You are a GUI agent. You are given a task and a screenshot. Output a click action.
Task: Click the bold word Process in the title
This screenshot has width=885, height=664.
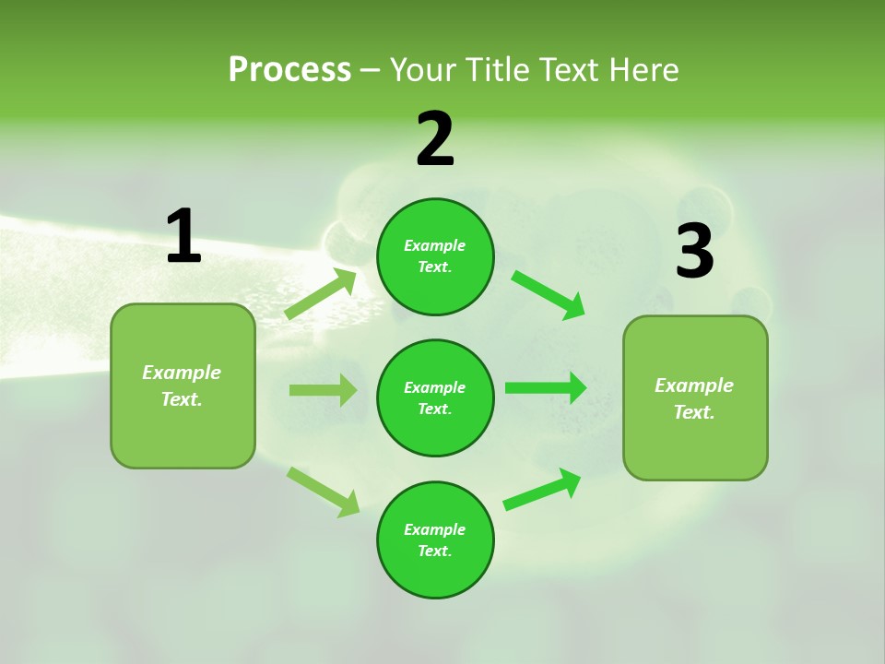click(x=289, y=69)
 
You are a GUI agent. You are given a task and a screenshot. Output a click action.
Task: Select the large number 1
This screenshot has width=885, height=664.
click(x=183, y=236)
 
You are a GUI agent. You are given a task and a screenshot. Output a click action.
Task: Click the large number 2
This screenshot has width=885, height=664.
click(x=435, y=139)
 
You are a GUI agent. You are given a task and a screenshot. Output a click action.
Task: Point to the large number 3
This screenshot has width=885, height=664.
click(x=694, y=251)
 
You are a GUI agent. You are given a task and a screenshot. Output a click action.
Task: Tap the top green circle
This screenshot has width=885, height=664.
click(x=435, y=256)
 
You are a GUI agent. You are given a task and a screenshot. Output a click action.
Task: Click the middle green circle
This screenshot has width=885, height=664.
click(x=435, y=397)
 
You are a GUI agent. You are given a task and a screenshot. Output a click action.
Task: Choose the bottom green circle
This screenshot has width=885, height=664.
click(x=435, y=539)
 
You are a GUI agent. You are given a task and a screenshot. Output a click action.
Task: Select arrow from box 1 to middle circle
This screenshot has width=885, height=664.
click(x=323, y=390)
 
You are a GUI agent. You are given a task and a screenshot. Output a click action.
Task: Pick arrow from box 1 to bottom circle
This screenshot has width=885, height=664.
click(x=323, y=492)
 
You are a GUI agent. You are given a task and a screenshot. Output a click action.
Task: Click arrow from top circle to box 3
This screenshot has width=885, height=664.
click(x=549, y=294)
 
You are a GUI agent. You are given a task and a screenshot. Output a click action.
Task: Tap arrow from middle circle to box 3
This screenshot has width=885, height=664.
click(x=546, y=388)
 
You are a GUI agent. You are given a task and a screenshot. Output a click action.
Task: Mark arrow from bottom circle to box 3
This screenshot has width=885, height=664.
click(x=542, y=490)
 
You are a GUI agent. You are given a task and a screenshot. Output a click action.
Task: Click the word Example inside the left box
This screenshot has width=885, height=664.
click(x=182, y=373)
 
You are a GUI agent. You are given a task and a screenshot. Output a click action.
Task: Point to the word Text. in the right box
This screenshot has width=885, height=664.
click(x=694, y=412)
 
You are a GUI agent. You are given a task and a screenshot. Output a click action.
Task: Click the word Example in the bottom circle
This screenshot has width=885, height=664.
click(x=435, y=529)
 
